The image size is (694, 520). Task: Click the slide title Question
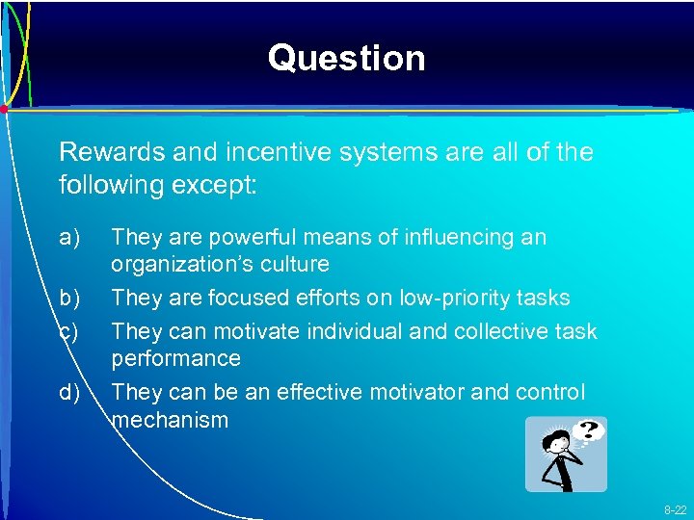click(346, 58)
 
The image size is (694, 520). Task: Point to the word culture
click(297, 264)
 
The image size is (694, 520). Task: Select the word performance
click(175, 359)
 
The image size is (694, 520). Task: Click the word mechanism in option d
click(171, 420)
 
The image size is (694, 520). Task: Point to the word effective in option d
click(317, 393)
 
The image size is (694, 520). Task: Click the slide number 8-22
click(674, 509)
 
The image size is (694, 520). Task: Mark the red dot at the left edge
click(4, 109)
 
